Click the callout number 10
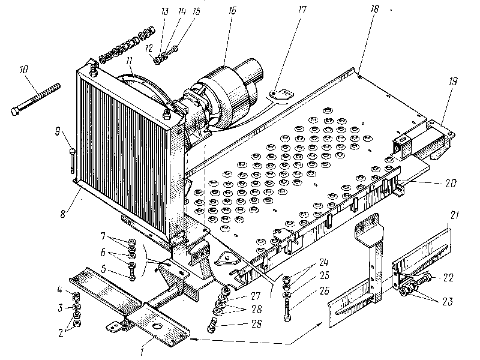point(25,70)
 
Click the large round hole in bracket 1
point(159,325)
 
